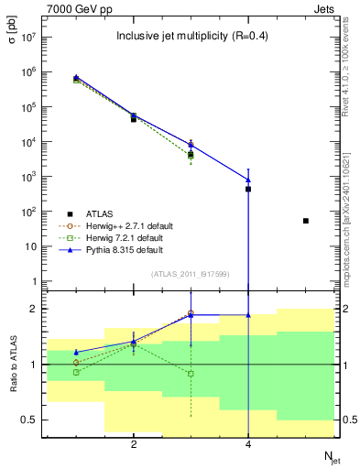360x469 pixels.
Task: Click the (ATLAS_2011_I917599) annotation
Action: click(x=190, y=274)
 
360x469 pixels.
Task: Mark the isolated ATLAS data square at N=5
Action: click(x=306, y=221)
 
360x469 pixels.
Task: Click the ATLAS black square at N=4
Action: click(x=248, y=189)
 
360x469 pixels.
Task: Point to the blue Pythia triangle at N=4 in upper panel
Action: click(x=248, y=180)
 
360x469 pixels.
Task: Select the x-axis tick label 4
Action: click(x=248, y=444)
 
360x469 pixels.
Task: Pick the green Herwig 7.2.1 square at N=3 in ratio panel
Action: click(x=191, y=374)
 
